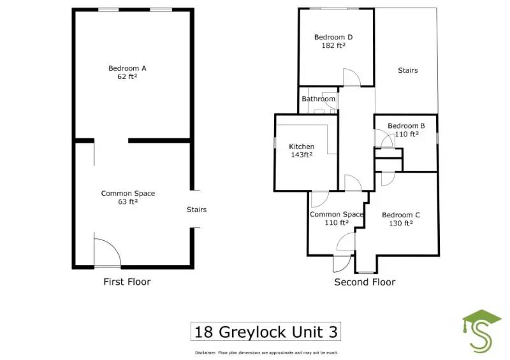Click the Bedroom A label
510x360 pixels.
click(x=127, y=68)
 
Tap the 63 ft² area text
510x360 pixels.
click(x=127, y=201)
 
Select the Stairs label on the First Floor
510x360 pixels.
click(x=196, y=210)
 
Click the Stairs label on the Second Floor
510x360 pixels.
click(x=407, y=70)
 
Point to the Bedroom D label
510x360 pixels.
click(x=333, y=38)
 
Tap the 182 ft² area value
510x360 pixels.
click(x=333, y=46)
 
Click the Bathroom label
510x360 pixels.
click(x=318, y=99)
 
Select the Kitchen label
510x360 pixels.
click(x=302, y=147)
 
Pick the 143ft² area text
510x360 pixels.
click(x=302, y=154)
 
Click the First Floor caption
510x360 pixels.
click(x=127, y=282)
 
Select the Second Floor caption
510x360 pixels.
click(x=365, y=282)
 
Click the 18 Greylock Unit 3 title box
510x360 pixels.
click(x=265, y=332)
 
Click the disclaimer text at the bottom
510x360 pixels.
click(x=266, y=352)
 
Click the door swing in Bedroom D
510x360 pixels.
click(x=351, y=78)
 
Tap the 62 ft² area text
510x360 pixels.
click(x=127, y=76)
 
